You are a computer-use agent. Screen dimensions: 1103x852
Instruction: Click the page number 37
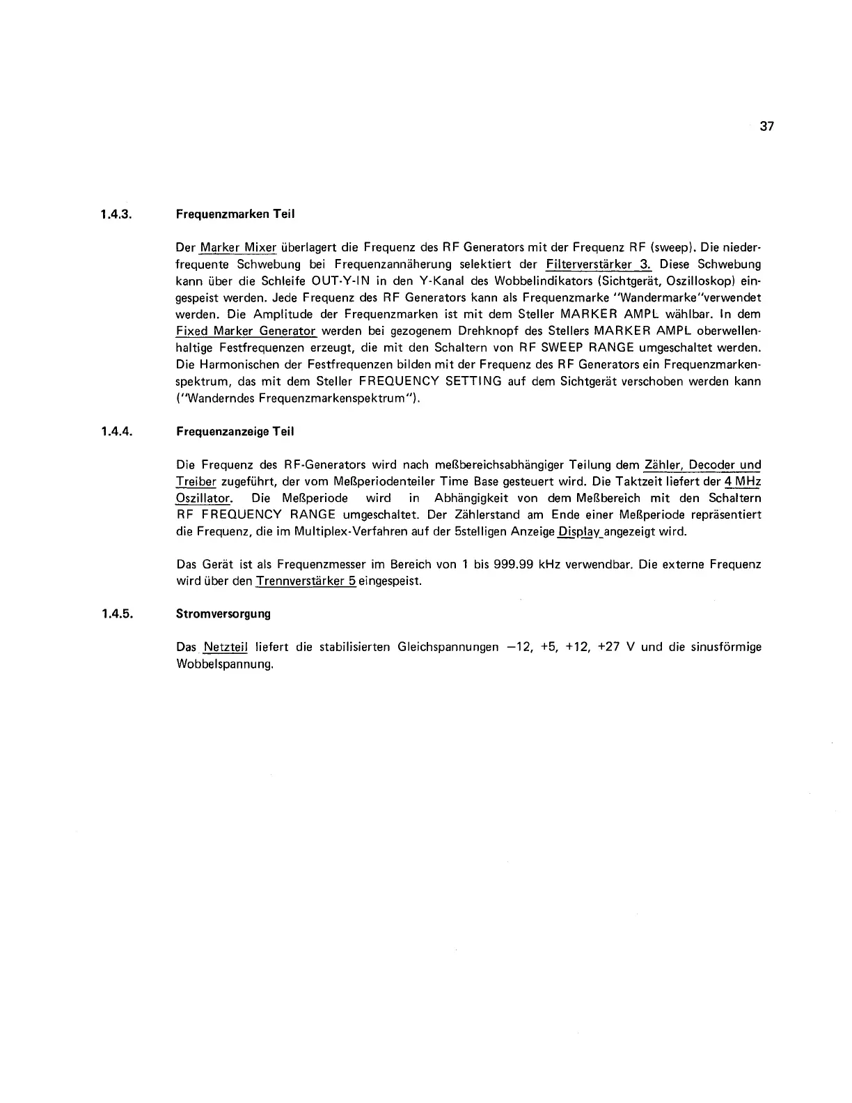coord(767,127)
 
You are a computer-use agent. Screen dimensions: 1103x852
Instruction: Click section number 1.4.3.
coord(116,214)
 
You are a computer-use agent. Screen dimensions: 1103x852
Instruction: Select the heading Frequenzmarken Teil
coord(235,214)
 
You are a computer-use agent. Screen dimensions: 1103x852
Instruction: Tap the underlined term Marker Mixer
coord(238,248)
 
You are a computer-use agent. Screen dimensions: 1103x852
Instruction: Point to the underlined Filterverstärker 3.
coord(599,265)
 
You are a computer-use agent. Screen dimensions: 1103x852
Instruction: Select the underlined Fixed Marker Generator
coord(246,331)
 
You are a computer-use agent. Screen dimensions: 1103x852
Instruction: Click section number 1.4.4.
coord(116,432)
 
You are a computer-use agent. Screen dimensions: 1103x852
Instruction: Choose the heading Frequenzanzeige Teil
coord(235,432)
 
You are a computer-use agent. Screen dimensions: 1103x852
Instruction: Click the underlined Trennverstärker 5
coord(306,581)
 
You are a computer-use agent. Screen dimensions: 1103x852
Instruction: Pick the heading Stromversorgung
coord(223,614)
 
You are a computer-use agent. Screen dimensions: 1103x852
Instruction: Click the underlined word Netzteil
coord(226,648)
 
